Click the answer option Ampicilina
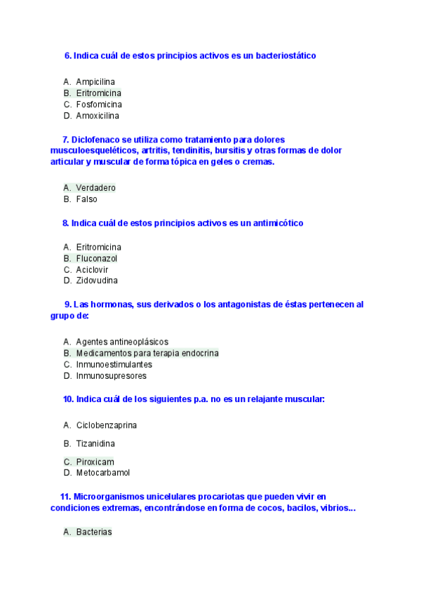[95, 82]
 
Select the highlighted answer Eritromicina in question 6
[98, 93]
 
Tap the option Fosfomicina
[99, 105]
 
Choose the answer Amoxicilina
[98, 116]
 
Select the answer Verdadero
[95, 188]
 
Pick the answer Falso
[86, 199]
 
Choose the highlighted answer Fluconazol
[97, 258]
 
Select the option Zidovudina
[97, 281]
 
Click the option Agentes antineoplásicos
[122, 342]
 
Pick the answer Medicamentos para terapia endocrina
[147, 354]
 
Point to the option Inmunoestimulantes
[114, 365]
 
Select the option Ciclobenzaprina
[106, 425]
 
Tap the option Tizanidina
[95, 443]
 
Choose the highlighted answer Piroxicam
[95, 462]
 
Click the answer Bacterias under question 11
[94, 533]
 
